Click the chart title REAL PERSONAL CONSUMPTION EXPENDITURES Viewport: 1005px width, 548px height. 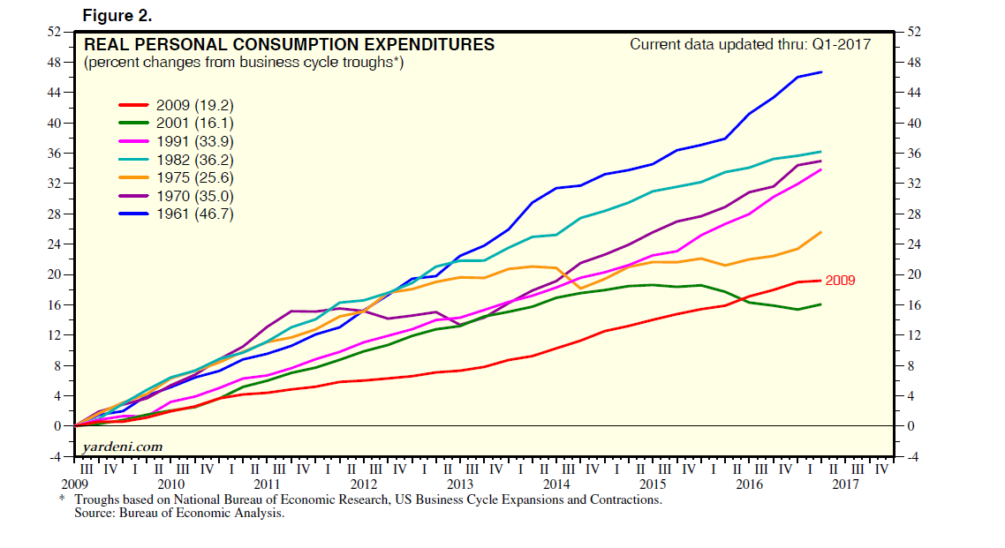pyautogui.click(x=289, y=45)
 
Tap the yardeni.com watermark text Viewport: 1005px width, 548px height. pyautogui.click(x=123, y=447)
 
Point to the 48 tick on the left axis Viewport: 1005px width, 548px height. pyautogui.click(x=54, y=63)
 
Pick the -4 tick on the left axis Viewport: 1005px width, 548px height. pyautogui.click(x=54, y=456)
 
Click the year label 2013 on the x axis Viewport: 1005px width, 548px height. pyautogui.click(x=460, y=484)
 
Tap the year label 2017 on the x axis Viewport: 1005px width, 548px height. pyautogui.click(x=845, y=484)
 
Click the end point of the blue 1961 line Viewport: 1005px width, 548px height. pyautogui.click(x=822, y=72)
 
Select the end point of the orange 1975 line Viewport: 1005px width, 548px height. pyautogui.click(x=822, y=232)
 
